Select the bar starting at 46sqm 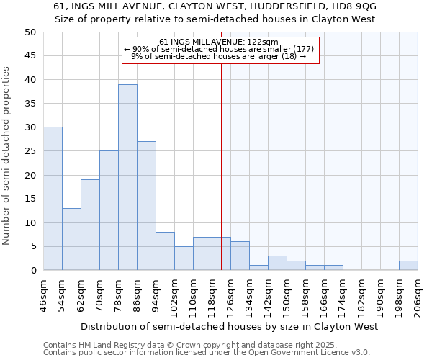coord(53,199)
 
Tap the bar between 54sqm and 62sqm coord(71,239)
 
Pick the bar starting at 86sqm coord(146,206)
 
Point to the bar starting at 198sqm coord(408,266)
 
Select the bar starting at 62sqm coord(90,225)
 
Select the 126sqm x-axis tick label coord(231,294)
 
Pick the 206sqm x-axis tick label coord(418,294)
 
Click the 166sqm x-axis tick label coord(325,294)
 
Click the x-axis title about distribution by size coord(229,326)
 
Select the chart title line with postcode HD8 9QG coord(215,6)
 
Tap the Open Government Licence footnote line coord(207,353)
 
